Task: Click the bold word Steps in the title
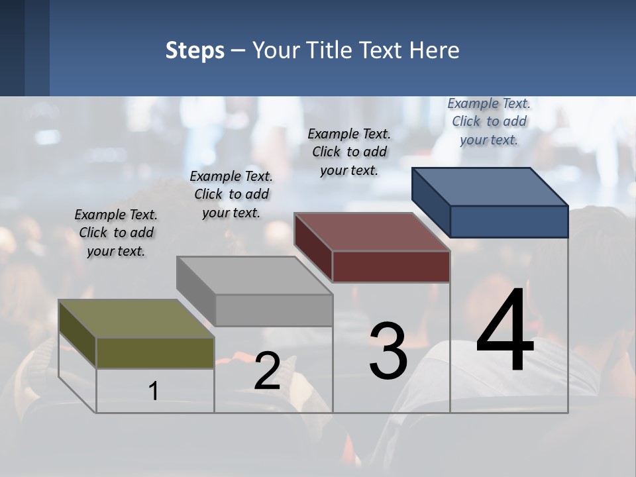195,50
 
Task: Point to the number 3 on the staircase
388,352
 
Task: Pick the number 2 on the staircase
267,371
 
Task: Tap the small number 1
154,391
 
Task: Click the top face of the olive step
136,319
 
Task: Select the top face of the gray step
254,275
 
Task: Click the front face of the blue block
509,221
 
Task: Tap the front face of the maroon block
391,267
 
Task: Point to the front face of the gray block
274,310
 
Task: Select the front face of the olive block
155,353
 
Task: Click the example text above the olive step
116,233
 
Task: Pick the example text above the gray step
231,194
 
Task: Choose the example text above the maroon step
349,152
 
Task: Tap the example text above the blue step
489,121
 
